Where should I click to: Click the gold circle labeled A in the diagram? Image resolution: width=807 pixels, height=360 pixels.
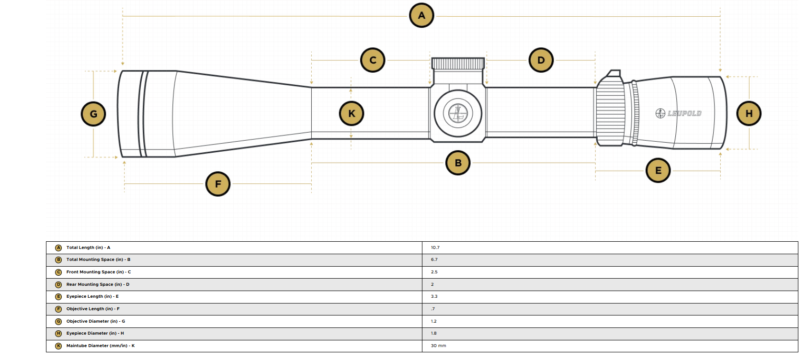click(421, 15)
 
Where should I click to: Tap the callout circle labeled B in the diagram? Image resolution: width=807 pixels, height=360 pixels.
click(458, 163)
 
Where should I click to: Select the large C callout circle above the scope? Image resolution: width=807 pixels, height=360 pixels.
click(373, 60)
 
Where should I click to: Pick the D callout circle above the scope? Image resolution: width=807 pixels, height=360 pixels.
click(541, 60)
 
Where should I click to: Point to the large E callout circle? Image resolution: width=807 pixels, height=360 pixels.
click(658, 170)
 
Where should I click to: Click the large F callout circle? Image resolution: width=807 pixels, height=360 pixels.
click(218, 184)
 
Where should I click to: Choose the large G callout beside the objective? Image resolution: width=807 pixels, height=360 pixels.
click(93, 114)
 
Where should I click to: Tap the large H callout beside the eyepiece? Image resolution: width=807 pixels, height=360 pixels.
click(749, 114)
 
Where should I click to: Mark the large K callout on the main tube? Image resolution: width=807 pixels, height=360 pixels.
click(352, 113)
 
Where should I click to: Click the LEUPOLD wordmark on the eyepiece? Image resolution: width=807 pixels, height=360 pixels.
click(684, 113)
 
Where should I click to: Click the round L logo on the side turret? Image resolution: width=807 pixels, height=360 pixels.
click(458, 113)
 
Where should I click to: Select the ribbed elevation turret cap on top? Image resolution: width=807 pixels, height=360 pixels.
click(458, 64)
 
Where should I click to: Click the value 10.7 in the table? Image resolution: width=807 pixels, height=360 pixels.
click(435, 247)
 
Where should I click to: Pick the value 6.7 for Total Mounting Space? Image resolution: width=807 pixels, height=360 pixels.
click(434, 259)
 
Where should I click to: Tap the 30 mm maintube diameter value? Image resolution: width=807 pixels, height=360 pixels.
click(438, 346)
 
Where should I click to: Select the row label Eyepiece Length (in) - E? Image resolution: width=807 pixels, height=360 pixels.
click(92, 297)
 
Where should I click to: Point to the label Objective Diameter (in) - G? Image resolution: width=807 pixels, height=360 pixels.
click(96, 321)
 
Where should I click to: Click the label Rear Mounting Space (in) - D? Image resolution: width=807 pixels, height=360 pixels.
click(98, 284)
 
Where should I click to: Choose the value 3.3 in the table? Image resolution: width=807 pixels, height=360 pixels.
click(434, 297)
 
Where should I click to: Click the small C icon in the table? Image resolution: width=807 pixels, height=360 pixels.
click(58, 272)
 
